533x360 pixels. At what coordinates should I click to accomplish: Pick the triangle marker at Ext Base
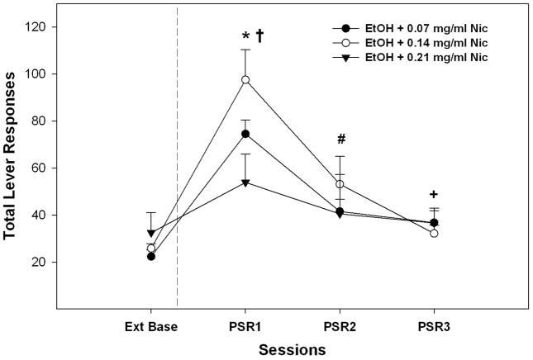click(151, 234)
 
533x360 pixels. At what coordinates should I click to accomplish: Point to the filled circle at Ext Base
click(151, 256)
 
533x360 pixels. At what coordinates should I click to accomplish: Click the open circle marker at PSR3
click(434, 233)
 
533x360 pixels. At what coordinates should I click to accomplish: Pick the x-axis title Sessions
click(293, 349)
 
